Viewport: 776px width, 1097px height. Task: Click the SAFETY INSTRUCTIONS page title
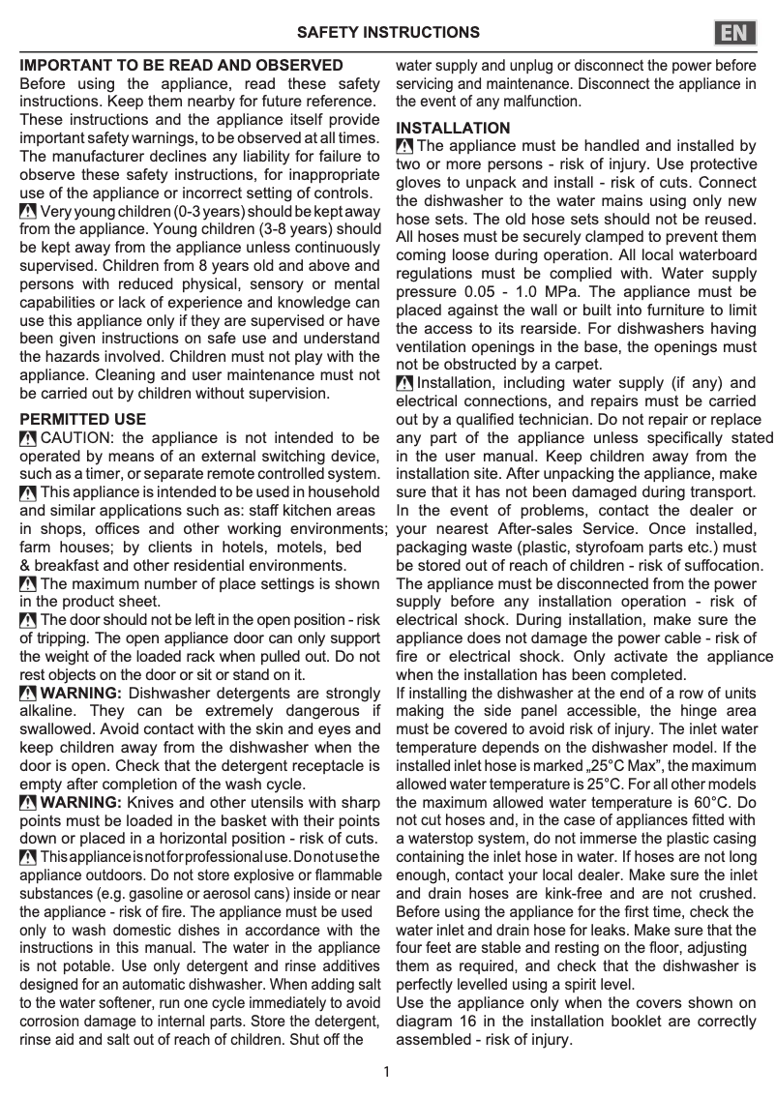coord(388,33)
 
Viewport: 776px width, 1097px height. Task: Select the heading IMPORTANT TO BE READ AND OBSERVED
coord(182,66)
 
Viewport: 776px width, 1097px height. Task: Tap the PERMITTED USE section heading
coord(83,420)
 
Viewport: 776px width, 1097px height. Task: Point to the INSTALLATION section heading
coord(453,128)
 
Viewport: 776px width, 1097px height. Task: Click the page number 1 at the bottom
coord(387,1072)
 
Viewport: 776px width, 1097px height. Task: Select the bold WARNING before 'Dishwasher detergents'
coord(81,693)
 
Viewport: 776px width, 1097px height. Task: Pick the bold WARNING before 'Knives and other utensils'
coord(81,802)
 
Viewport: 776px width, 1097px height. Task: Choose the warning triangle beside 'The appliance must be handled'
coord(405,146)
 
